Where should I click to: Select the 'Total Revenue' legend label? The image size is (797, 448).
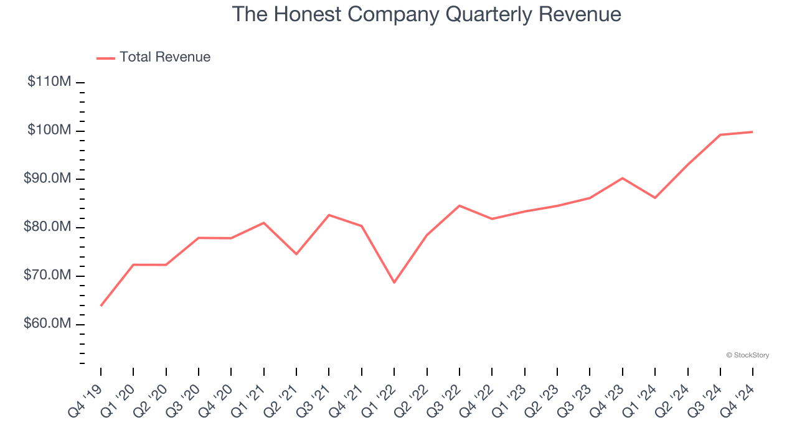click(165, 57)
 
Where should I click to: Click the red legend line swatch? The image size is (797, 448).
click(106, 58)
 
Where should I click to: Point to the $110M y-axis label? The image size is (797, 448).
click(49, 82)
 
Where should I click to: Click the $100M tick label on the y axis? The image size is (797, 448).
click(49, 131)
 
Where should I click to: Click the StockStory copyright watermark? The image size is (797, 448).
click(747, 355)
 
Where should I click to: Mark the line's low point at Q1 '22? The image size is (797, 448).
click(394, 282)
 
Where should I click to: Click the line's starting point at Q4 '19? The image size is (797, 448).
click(101, 306)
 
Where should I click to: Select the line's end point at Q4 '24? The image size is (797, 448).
click(752, 132)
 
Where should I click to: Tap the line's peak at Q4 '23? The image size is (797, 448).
click(622, 178)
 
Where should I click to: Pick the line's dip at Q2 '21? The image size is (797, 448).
click(296, 254)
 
